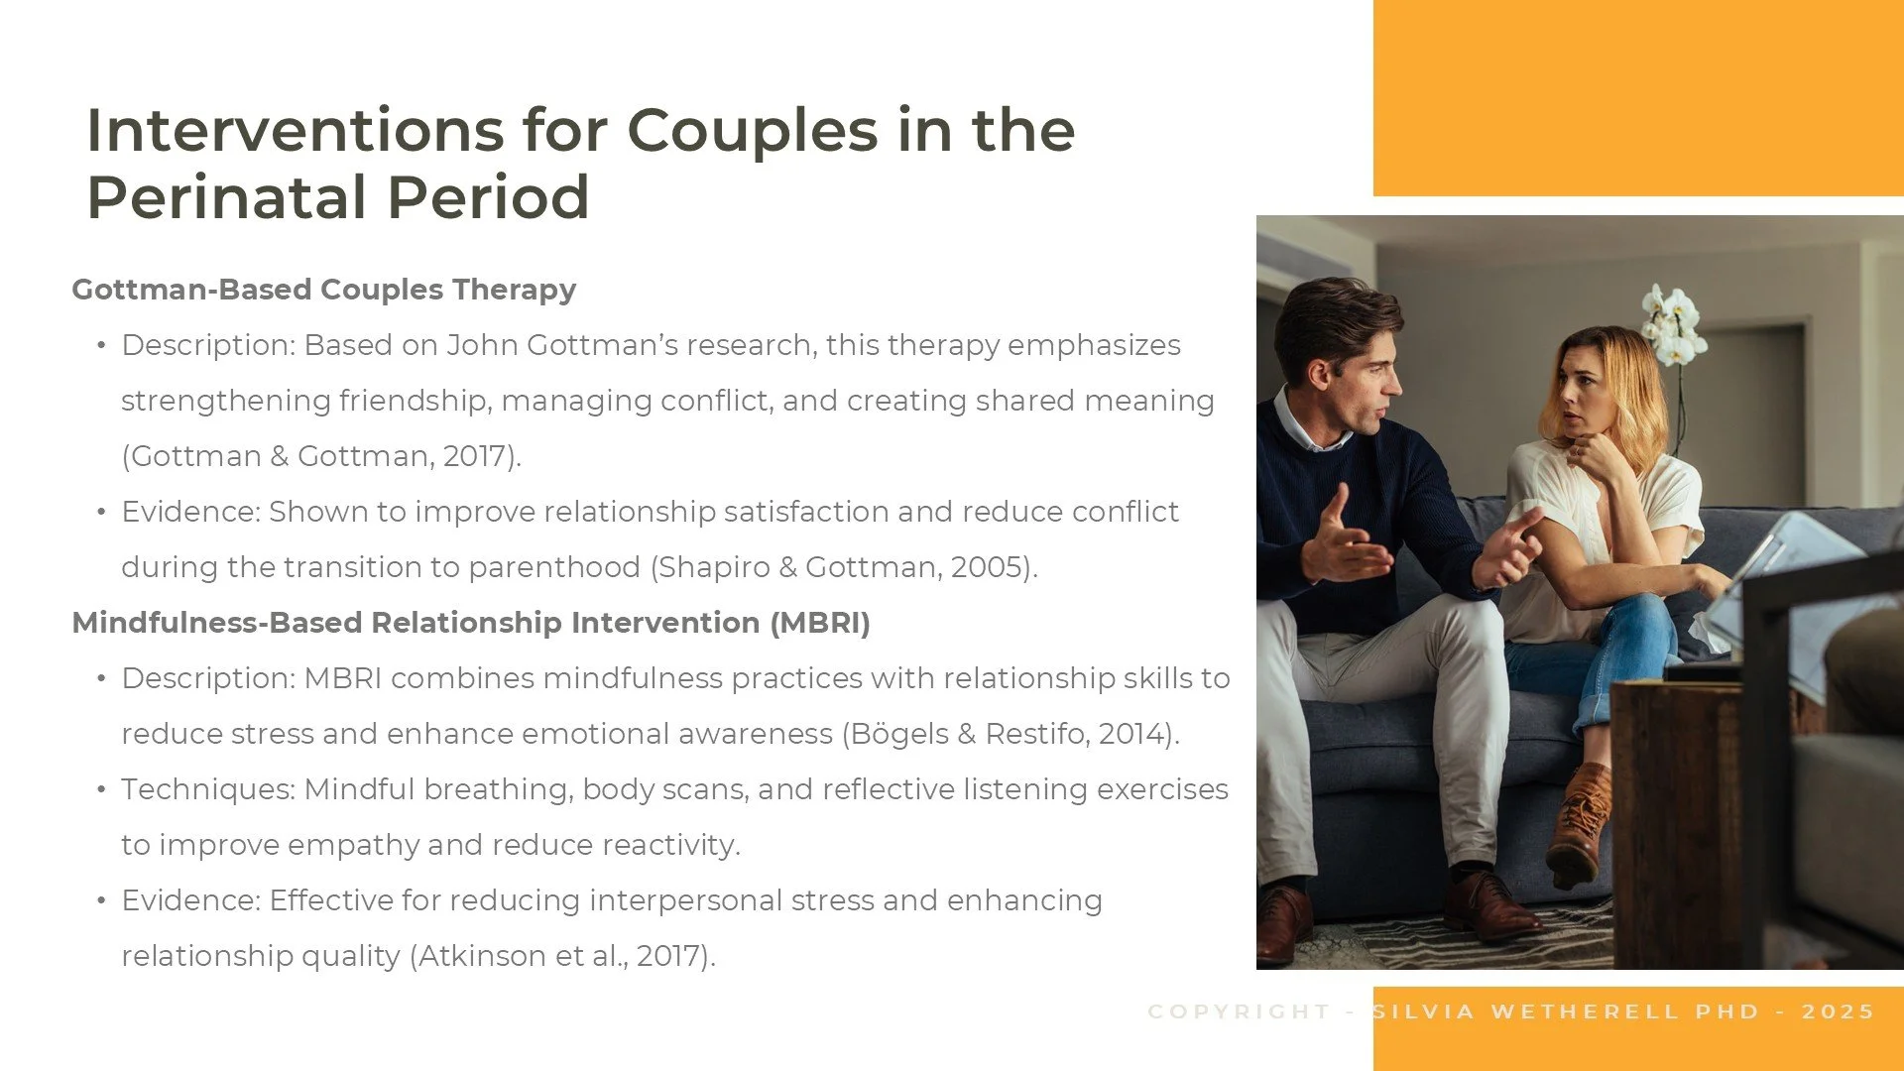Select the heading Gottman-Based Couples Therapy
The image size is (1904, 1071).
[x=323, y=290]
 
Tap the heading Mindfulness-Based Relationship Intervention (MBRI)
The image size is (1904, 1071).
[x=471, y=623]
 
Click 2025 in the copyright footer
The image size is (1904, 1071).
[x=1838, y=1011]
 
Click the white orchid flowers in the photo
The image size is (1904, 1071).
[x=1673, y=322]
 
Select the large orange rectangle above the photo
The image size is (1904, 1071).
[x=1638, y=97]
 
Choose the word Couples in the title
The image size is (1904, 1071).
[x=753, y=131]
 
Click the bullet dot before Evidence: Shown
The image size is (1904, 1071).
[x=101, y=512]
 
